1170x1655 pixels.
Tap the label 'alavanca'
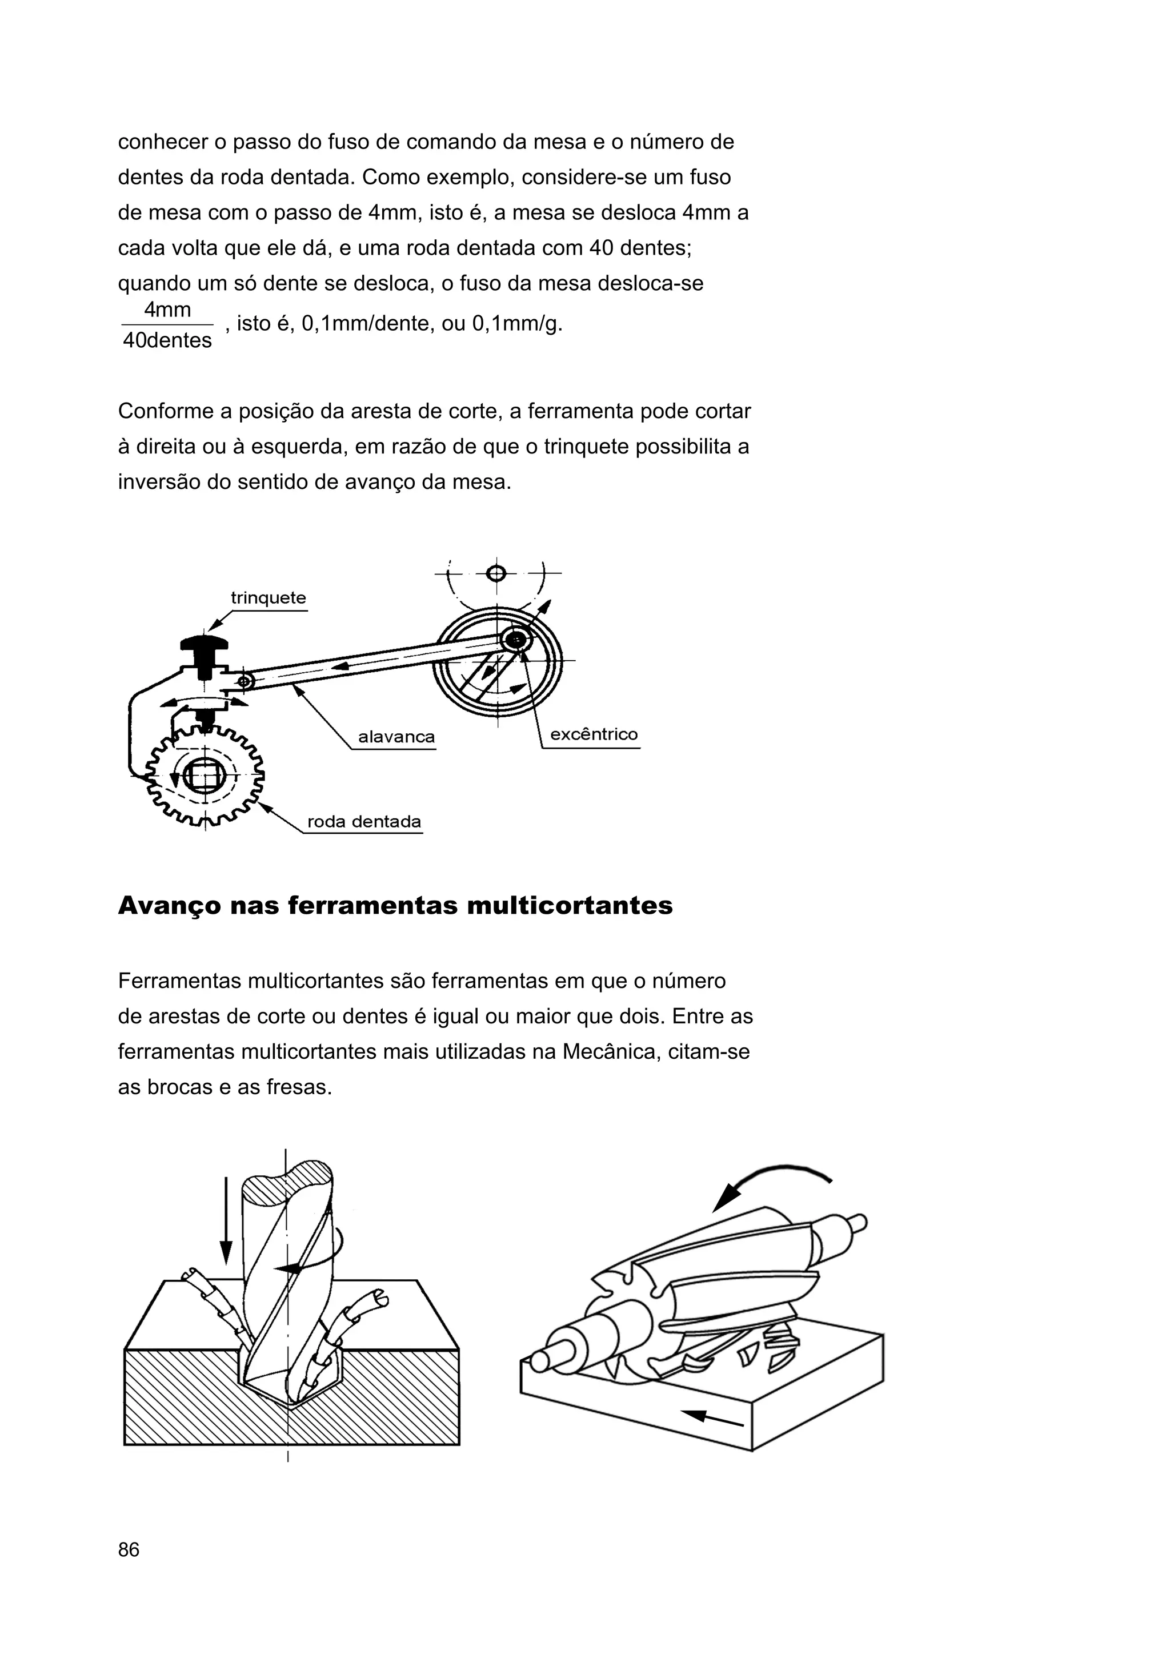click(396, 737)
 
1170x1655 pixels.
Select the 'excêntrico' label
click(594, 734)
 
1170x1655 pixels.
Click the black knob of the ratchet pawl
click(204, 644)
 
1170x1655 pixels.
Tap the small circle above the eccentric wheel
click(495, 573)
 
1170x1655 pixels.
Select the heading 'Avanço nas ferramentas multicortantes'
click(395, 905)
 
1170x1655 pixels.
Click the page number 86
click(129, 1549)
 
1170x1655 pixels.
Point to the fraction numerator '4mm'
click(167, 310)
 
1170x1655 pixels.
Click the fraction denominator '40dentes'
click(167, 340)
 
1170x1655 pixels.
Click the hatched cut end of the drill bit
click(287, 1182)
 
